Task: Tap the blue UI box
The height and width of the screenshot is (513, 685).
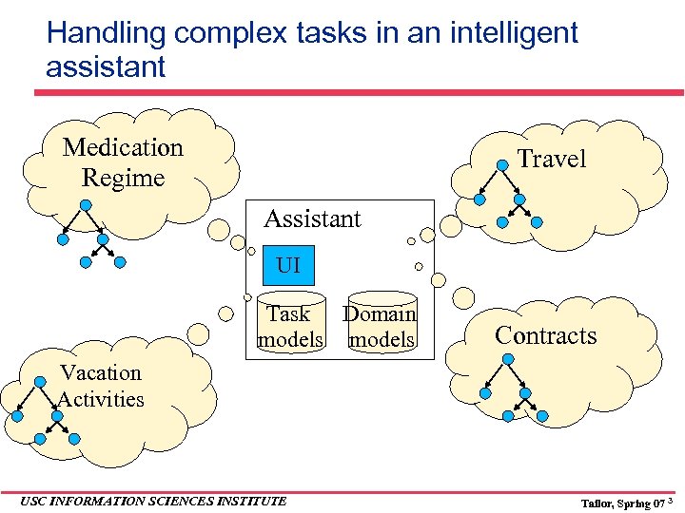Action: tap(288, 265)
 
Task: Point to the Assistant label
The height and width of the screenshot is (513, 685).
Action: tap(312, 218)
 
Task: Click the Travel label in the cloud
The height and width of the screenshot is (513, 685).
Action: tap(551, 159)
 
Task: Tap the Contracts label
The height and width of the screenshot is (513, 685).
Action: tap(546, 335)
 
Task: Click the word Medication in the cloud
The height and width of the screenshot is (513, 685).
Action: tap(123, 147)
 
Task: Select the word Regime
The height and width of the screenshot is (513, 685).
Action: tap(123, 178)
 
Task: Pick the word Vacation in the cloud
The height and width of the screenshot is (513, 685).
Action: tap(100, 372)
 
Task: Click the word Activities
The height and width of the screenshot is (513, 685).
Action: tap(101, 399)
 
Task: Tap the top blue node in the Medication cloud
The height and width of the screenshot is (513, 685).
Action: tap(85, 204)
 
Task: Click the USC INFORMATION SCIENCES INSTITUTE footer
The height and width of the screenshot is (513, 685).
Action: tap(152, 501)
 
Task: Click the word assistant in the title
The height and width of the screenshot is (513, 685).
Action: tap(106, 66)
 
